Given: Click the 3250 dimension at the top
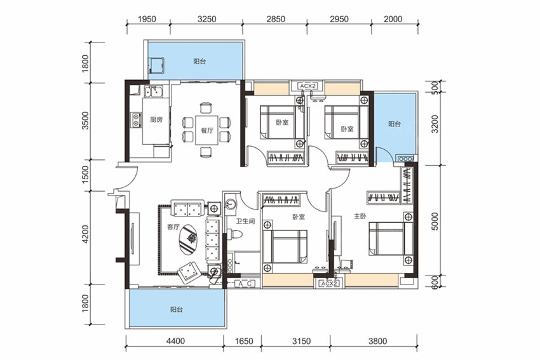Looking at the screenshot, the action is [x=206, y=19].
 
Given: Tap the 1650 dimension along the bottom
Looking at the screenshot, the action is [x=244, y=341].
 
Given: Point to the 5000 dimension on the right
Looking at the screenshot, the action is [x=435, y=222].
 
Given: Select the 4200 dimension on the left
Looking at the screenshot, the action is [x=85, y=234].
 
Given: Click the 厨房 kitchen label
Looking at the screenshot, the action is [x=156, y=120].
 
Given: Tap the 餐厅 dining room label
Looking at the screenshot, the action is [x=207, y=130].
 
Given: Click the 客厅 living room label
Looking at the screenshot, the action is [x=173, y=227].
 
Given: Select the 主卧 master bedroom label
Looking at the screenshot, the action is [x=360, y=217].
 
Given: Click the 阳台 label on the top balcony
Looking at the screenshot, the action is [x=199, y=62].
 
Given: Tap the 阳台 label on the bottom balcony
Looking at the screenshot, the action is [x=176, y=309].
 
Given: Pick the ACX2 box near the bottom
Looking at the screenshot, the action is [x=330, y=284].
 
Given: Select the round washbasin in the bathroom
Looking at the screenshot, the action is [x=230, y=204].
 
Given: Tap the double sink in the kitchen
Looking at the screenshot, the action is [x=154, y=92].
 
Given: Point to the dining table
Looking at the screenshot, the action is [x=207, y=130].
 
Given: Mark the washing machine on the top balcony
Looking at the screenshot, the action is [x=157, y=66].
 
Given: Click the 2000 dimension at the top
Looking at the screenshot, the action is [x=393, y=19].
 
